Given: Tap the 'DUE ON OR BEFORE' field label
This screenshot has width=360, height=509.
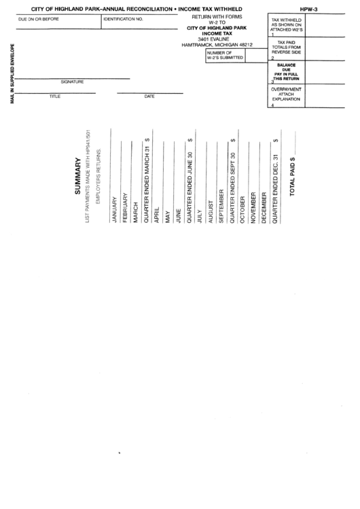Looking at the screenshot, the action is (x=38, y=19).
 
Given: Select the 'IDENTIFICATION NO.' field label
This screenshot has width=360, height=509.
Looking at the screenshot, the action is (x=123, y=19).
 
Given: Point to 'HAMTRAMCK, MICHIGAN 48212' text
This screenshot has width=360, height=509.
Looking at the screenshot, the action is (x=217, y=45).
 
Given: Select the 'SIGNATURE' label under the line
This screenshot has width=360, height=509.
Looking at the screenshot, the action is (x=72, y=82).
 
